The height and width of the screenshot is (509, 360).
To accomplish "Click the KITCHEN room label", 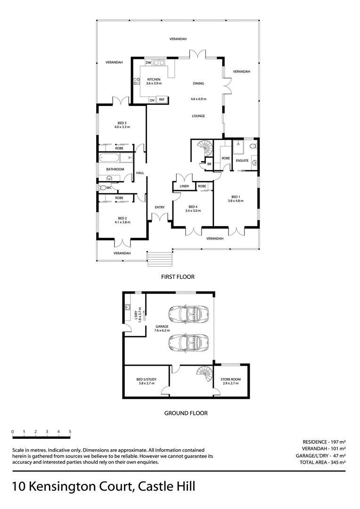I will point(154,79).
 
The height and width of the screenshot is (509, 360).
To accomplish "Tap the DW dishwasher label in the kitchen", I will point(148,63).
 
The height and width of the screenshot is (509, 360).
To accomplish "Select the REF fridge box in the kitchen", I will point(162,99).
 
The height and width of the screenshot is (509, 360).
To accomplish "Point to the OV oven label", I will point(152,100).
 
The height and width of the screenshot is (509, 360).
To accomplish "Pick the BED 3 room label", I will point(122,123).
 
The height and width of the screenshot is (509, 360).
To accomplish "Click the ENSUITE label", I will point(242,161).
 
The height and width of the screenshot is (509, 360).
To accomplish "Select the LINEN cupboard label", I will point(184,187).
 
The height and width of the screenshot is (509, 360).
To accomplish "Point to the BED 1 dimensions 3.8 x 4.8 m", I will point(236,201).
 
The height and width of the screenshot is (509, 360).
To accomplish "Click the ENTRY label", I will point(159,207).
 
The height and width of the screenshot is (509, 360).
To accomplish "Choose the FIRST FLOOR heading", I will point(178,277).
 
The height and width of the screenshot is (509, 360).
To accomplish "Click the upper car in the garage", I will point(188,313).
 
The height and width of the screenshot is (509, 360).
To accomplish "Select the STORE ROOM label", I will point(230,379).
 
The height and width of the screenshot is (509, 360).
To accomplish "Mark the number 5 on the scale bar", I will point(70,431).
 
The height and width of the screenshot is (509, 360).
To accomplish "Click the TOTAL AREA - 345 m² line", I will point(323,463).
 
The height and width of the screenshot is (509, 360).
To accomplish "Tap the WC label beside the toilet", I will point(108,188).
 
